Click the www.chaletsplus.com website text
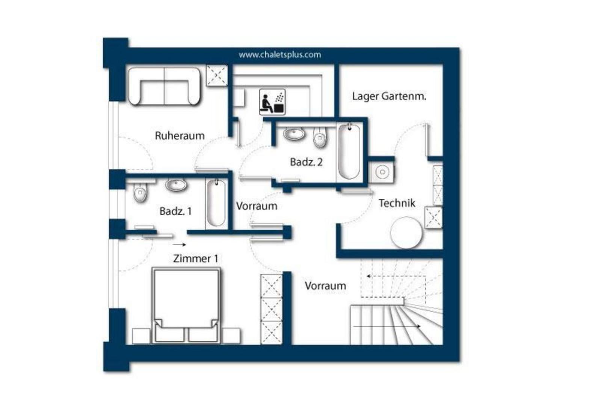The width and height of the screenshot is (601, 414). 280,55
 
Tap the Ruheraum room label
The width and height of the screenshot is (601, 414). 180,136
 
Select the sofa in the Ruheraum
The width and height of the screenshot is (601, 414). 164,86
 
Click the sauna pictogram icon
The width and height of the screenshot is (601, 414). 272,102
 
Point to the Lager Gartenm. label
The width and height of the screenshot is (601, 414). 389,97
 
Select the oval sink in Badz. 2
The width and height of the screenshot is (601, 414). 294,134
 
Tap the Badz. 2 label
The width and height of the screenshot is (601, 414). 306,162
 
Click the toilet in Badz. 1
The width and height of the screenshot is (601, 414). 140,193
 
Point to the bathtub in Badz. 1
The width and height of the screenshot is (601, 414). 216,203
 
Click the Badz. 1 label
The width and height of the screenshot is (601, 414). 175,211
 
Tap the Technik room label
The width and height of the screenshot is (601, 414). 397,203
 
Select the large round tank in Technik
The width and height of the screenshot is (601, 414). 406,233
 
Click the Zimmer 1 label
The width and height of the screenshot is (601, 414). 195,258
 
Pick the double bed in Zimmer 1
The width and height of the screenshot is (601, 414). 186,305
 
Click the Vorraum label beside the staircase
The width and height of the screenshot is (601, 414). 325,286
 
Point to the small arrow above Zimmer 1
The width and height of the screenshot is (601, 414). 179,245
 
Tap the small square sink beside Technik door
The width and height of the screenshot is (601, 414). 382,172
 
